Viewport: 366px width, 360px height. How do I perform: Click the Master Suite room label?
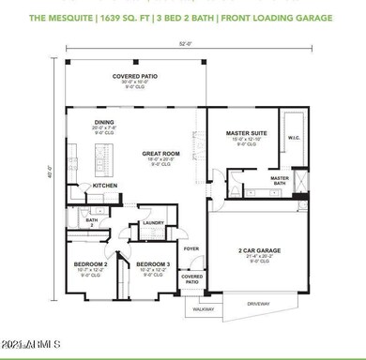coord(246,134)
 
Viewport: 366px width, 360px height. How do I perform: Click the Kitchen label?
coord(104,186)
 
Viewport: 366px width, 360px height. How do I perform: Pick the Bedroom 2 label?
coord(91,264)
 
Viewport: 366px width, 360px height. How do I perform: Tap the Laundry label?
coord(154,223)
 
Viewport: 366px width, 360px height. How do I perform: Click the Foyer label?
coord(191,248)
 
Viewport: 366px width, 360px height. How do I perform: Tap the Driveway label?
coord(258,303)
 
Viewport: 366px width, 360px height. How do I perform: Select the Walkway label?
coord(204,308)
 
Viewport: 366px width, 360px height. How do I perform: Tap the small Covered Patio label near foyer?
coord(191,278)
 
